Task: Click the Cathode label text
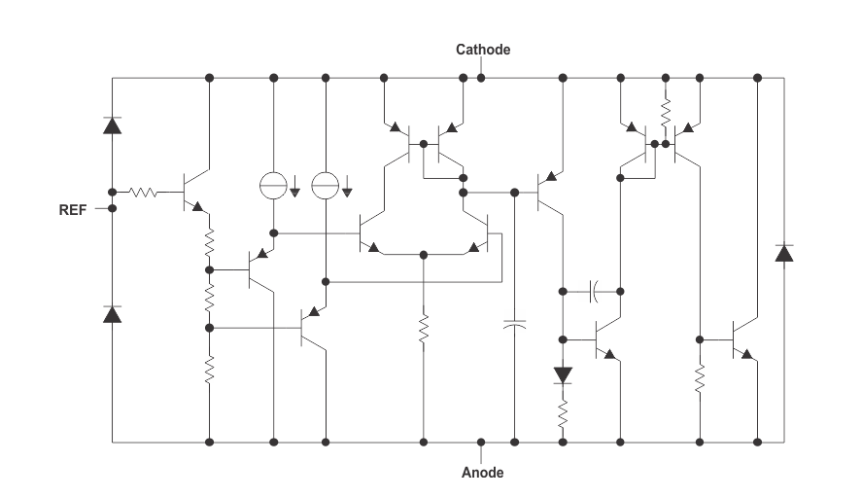pos(483,50)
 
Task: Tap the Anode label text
pos(482,473)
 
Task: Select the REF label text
pos(73,210)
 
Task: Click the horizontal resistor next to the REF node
pos(143,192)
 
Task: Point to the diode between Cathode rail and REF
pos(112,125)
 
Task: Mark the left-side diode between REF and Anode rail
pos(112,314)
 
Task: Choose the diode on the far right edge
pos(784,253)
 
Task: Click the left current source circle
pos(273,186)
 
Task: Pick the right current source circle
pos(326,186)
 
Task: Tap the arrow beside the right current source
pos(347,186)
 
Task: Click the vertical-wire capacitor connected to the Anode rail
pos(514,325)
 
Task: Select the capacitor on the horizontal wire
pos(594,291)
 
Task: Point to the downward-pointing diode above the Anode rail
pos(563,375)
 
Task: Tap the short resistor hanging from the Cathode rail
pos(666,112)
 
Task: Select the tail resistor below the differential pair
pos(424,329)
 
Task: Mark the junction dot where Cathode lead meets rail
pos(481,78)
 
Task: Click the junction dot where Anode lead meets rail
pos(481,442)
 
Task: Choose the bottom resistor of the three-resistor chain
pos(209,370)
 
